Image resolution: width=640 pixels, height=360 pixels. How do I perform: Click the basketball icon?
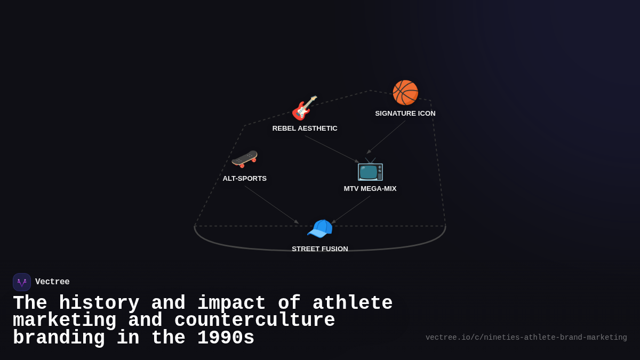click(x=405, y=93)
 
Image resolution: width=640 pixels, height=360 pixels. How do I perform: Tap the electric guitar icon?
click(x=305, y=108)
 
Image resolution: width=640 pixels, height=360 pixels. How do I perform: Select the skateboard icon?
click(x=244, y=158)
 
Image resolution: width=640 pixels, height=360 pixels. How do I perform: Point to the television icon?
click(x=370, y=170)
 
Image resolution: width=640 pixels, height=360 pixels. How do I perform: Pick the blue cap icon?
click(x=319, y=229)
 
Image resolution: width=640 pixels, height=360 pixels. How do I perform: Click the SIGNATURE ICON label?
click(x=405, y=114)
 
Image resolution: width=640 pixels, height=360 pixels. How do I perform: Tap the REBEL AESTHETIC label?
click(x=305, y=129)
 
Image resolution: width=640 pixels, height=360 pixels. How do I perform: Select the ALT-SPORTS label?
click(x=245, y=179)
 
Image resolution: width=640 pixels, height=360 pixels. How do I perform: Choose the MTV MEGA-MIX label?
click(x=370, y=189)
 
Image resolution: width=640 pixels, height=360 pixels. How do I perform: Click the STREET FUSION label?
click(x=320, y=249)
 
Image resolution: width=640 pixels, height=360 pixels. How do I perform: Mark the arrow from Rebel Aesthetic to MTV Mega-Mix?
click(x=332, y=149)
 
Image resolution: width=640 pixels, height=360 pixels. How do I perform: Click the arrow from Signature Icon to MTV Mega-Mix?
click(x=386, y=137)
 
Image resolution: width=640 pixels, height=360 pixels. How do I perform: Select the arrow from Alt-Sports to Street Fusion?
click(x=271, y=204)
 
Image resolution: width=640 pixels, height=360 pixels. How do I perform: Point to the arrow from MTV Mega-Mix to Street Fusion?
click(x=351, y=210)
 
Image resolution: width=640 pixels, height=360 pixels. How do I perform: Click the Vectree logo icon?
click(x=22, y=282)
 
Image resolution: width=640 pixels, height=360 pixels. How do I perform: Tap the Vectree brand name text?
click(x=52, y=282)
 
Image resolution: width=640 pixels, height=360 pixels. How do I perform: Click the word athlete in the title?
click(x=353, y=303)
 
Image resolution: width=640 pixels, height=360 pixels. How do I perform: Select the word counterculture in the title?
click(x=254, y=321)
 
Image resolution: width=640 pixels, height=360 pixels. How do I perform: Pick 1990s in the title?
click(x=226, y=338)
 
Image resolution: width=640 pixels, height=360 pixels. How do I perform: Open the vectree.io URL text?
click(x=526, y=338)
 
